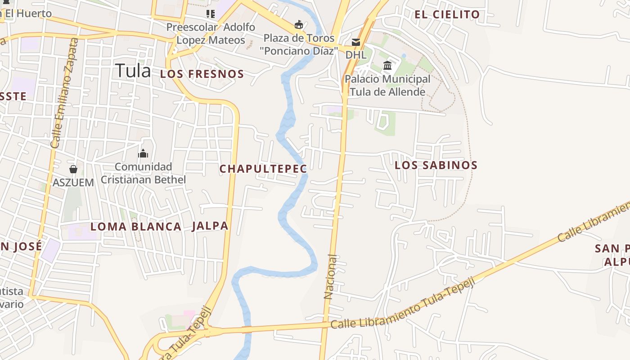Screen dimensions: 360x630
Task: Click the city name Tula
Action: [x=133, y=71]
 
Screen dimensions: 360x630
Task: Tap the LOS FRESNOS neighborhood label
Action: [x=202, y=74]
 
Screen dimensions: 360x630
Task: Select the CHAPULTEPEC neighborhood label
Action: [x=263, y=169]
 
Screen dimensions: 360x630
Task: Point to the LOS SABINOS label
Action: [x=436, y=165]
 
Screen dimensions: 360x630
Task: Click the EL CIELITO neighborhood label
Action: [x=447, y=14]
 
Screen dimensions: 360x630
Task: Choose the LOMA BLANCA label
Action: [x=136, y=227]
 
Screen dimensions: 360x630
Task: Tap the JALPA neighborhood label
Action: [x=210, y=226]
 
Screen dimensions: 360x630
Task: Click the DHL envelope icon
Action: [x=356, y=42]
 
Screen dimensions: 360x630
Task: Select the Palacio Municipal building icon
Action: [x=387, y=66]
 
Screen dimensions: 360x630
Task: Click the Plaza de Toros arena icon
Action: [x=298, y=24]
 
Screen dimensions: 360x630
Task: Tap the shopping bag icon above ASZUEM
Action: [x=73, y=169]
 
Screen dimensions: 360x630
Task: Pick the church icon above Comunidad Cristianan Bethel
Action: [x=143, y=154]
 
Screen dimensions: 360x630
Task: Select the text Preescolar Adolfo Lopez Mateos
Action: [x=211, y=34]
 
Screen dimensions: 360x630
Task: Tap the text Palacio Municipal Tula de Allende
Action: [x=387, y=85]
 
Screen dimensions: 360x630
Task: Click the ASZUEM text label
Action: [x=73, y=183]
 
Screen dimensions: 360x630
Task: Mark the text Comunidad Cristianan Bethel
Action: [x=143, y=173]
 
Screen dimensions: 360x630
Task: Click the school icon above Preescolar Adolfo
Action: [x=210, y=14]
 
